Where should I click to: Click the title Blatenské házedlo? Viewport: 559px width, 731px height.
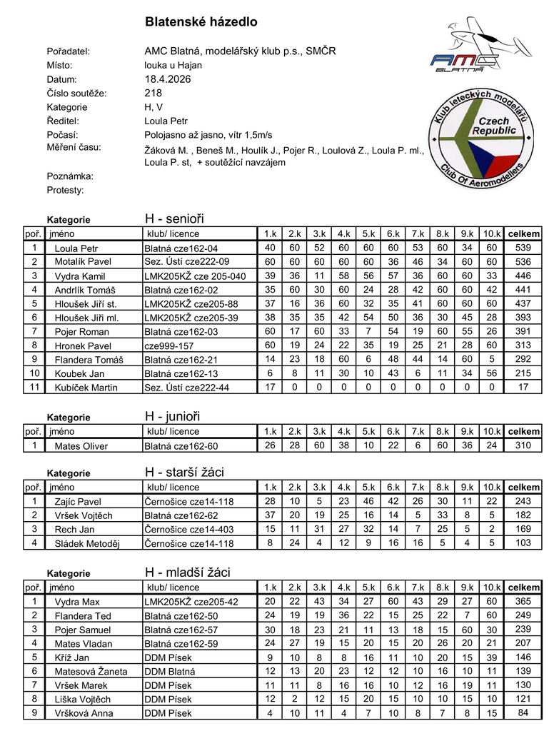pos(201,22)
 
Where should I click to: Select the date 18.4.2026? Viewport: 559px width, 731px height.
pos(168,79)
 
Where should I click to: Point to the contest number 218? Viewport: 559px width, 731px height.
pos(153,93)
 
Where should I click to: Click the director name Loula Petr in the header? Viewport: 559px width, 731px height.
pos(166,121)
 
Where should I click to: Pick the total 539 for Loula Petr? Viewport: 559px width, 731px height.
pos(523,248)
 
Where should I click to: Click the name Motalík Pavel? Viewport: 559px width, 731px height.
pos(83,262)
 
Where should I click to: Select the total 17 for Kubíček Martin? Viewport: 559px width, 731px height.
pos(523,388)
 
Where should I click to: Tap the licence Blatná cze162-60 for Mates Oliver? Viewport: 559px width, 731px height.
pos(181,446)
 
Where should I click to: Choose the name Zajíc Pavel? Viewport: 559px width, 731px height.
pos(78,502)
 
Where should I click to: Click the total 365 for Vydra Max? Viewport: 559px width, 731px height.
pos(523,602)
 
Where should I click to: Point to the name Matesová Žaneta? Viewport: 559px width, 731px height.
pos(91,672)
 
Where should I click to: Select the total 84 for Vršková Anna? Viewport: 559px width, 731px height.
pos(523,713)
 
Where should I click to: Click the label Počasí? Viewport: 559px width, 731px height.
pos(62,135)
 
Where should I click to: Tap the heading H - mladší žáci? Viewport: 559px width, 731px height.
pos(187,573)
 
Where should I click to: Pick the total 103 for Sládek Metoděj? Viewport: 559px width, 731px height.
pos(523,543)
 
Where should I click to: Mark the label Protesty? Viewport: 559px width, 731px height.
pos(65,190)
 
